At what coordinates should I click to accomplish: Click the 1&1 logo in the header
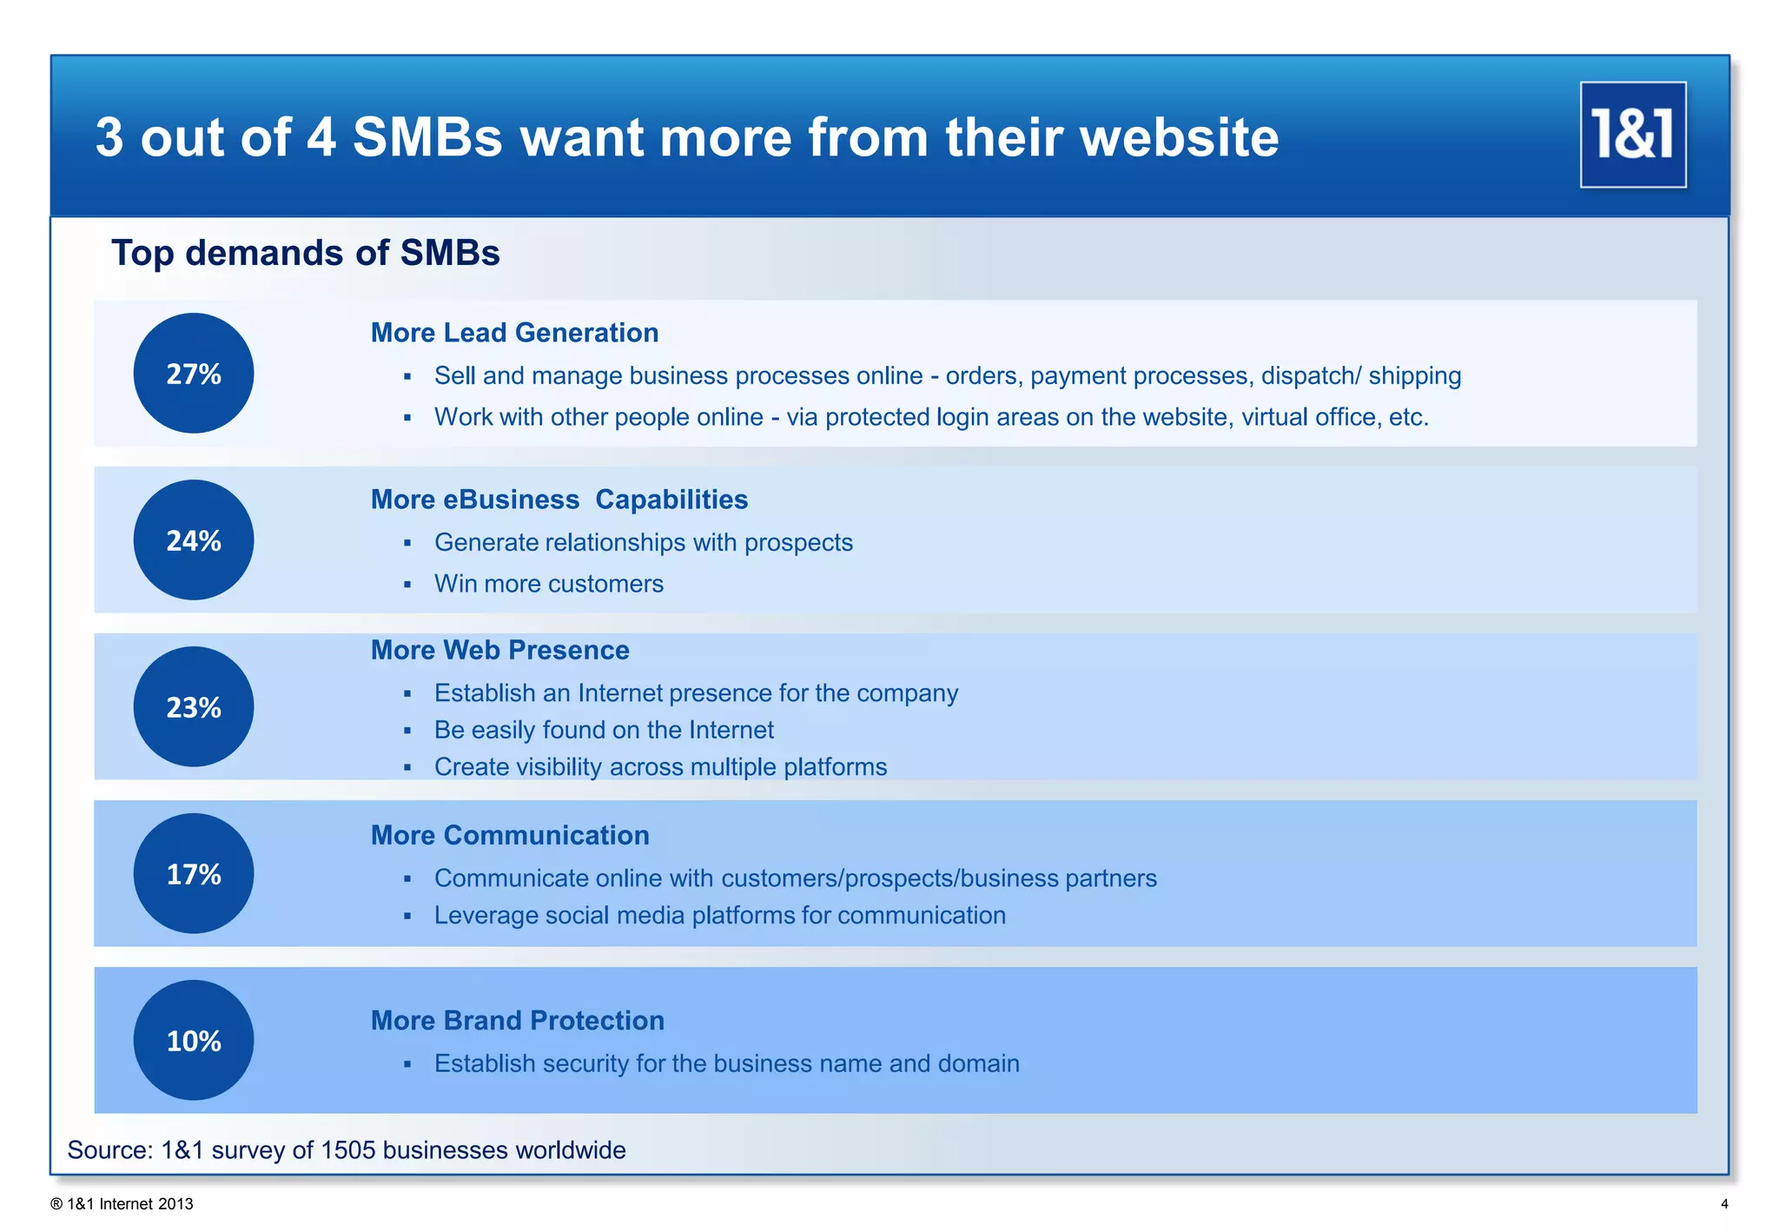tap(1632, 135)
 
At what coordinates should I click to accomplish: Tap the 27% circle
tap(194, 374)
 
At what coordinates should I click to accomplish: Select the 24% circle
tap(194, 540)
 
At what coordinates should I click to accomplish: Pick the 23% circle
tap(194, 707)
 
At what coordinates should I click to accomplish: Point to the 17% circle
tap(194, 874)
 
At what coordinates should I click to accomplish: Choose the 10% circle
tap(194, 1041)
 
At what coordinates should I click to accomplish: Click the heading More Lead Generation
tap(514, 333)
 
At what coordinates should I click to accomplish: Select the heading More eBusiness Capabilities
tap(559, 500)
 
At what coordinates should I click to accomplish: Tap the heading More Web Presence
tap(499, 650)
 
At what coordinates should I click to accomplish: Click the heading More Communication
tap(510, 835)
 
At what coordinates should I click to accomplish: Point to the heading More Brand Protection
tap(517, 1020)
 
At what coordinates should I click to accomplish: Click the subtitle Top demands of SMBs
tap(305, 253)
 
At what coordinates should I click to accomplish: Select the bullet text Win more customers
tap(548, 584)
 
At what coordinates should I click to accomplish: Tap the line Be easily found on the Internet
tap(604, 730)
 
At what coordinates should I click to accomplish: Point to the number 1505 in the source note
tap(347, 1150)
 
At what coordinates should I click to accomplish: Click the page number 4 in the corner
tap(1724, 1204)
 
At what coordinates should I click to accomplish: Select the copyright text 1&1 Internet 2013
tap(129, 1204)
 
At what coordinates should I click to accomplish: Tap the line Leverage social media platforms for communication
tap(719, 916)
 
